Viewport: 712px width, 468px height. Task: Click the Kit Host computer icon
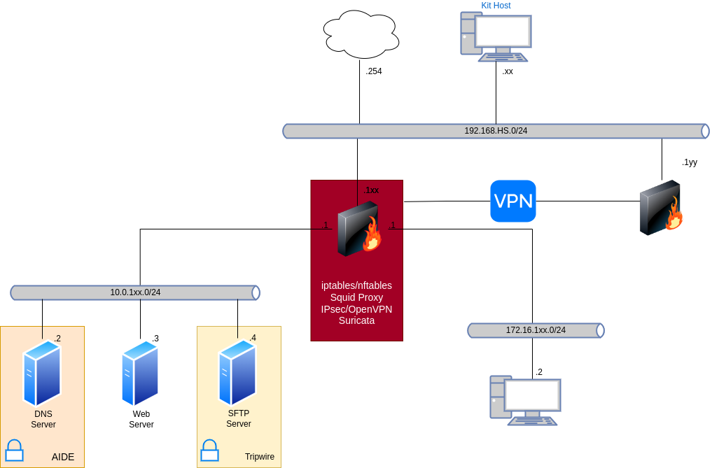495,37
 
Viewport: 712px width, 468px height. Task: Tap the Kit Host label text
496,6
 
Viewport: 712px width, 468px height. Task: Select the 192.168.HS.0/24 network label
496,131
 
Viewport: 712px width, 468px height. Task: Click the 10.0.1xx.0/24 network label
135,292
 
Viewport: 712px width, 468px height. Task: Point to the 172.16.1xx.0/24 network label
536,330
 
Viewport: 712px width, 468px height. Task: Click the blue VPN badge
513,201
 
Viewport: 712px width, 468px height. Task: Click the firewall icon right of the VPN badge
661,208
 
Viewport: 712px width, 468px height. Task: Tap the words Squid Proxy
356,297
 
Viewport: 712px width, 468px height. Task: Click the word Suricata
356,321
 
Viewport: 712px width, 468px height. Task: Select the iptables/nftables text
356,285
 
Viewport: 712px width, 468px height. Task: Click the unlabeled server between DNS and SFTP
140,373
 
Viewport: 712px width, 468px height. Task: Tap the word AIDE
63,458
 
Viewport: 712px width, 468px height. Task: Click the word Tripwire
259,458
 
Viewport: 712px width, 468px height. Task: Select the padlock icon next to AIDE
15,451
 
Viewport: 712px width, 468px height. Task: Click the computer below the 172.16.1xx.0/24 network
525,400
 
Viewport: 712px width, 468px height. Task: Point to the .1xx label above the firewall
371,190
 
